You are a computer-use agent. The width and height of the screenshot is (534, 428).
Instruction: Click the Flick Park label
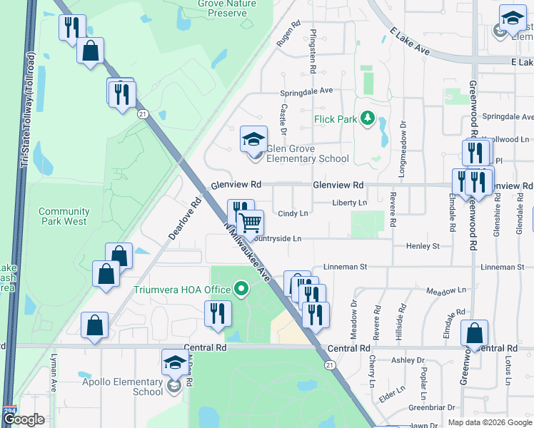coord(335,119)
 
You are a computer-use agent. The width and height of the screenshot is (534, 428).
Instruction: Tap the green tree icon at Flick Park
coord(368,118)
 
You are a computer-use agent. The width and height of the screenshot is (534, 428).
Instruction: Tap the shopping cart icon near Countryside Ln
coord(250,223)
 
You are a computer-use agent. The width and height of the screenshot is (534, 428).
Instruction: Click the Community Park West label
coord(64,216)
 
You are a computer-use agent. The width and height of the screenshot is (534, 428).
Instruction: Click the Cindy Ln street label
coord(293,213)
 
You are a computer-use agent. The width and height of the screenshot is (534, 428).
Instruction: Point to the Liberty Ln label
coord(350,203)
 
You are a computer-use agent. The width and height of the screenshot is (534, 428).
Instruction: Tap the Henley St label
coord(423,246)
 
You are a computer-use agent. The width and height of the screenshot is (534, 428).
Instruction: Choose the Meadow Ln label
coord(445,291)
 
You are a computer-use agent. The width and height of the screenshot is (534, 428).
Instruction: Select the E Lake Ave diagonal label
coord(410,42)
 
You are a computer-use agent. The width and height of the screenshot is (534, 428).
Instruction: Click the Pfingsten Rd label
coord(313,51)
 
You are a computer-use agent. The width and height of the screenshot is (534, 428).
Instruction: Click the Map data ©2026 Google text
coord(489,422)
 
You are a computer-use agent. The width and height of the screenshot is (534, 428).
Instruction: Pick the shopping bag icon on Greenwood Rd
coord(474,334)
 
